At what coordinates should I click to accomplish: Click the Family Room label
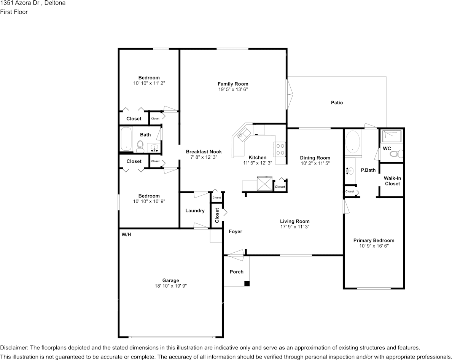pos(233,84)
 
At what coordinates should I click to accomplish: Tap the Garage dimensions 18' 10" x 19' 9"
pos(171,286)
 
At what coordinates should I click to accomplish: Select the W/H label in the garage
pos(126,235)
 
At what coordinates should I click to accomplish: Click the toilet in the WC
pos(397,154)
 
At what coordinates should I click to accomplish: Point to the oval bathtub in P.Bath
pos(353,142)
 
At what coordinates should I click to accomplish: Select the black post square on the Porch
pos(247,284)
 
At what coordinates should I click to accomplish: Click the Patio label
pos(337,103)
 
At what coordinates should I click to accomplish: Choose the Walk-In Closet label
pos(392,181)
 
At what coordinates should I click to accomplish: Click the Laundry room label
pos(195,211)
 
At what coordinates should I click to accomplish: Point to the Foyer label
pos(236,231)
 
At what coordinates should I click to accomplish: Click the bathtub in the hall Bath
pos(126,139)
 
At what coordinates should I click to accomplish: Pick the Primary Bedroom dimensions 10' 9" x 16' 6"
pos(374,246)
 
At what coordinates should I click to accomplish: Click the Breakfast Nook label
pos(204,151)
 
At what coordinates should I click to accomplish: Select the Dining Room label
pos(315,158)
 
